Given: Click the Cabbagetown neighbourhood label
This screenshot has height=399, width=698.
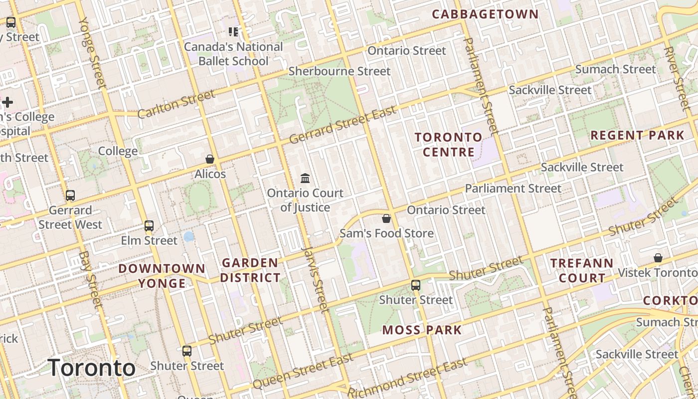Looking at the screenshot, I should [485, 14].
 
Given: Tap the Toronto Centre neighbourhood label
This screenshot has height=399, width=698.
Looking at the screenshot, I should [448, 145].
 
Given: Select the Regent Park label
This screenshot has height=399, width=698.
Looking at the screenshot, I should [637, 135].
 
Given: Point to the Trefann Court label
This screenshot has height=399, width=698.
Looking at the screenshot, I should [582, 270].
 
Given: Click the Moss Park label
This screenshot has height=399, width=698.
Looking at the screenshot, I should [422, 330].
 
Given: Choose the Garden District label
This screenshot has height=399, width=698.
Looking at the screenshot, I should [250, 270].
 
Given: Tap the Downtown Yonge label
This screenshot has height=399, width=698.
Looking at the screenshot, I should [162, 276].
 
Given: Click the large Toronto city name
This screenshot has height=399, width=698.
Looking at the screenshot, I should [92, 368].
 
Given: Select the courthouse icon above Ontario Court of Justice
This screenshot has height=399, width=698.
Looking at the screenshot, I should [305, 178].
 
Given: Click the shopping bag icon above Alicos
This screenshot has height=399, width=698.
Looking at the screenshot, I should [210, 159].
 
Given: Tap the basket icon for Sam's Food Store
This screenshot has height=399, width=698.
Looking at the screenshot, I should [386, 218].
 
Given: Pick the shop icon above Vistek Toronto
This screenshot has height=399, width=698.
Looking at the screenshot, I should [658, 258].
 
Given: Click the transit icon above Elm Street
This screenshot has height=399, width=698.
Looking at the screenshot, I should [149, 226].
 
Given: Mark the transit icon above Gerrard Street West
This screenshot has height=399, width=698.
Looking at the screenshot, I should [70, 196].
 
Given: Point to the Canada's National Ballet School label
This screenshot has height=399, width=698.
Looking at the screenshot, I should [233, 54].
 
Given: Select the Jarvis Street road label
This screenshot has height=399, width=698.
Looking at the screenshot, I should [316, 279].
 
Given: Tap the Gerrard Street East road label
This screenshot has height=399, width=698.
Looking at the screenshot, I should [343, 125].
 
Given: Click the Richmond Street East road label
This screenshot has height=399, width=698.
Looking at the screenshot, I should [407, 379].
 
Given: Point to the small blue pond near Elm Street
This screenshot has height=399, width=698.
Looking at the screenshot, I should [188, 236].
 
